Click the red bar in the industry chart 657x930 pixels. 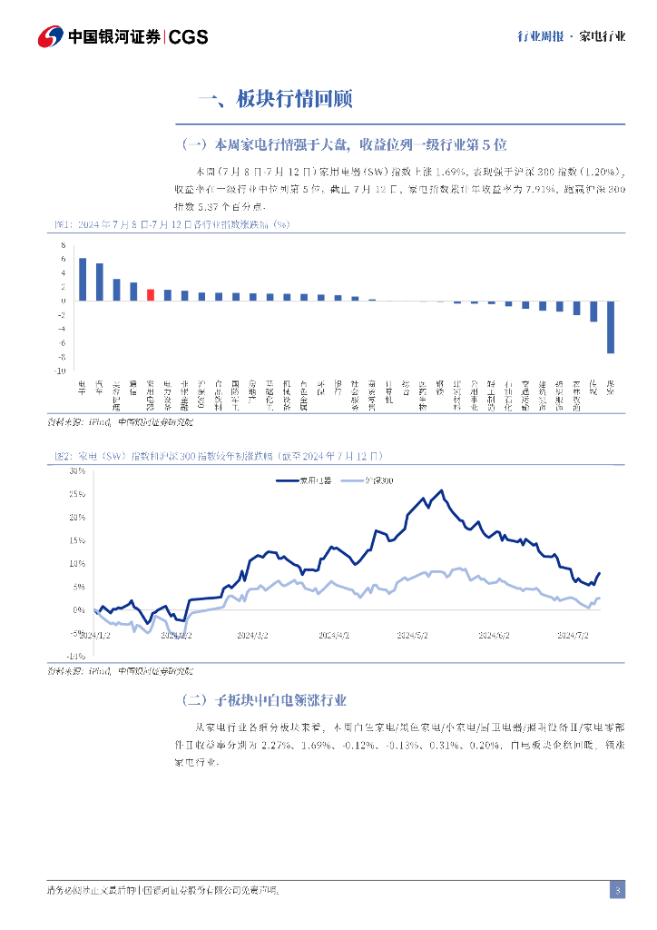click(x=151, y=294)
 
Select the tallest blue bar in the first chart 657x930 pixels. click(x=83, y=279)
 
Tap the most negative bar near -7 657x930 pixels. click(x=611, y=326)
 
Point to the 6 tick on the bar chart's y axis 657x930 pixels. click(x=64, y=259)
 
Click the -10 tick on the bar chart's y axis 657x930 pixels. click(x=62, y=371)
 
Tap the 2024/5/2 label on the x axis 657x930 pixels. click(x=413, y=636)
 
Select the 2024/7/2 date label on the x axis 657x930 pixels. click(x=574, y=636)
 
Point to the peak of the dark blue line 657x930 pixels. click(x=442, y=491)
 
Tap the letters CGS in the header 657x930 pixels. click(x=189, y=37)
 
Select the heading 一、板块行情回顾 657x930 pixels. click(x=275, y=99)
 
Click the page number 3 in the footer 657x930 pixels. click(x=617, y=891)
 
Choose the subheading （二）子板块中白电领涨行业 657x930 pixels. click(x=264, y=700)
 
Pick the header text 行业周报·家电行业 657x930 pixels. click(x=571, y=37)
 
